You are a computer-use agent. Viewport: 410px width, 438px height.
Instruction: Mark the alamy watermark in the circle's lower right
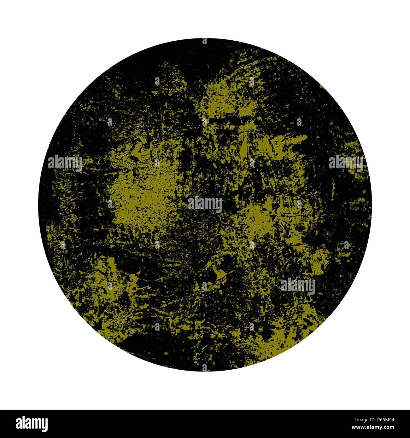tap(298, 286)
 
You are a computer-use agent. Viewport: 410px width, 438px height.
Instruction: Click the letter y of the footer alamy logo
tap(44, 425)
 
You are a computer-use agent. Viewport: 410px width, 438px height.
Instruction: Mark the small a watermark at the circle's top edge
tap(205, 41)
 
